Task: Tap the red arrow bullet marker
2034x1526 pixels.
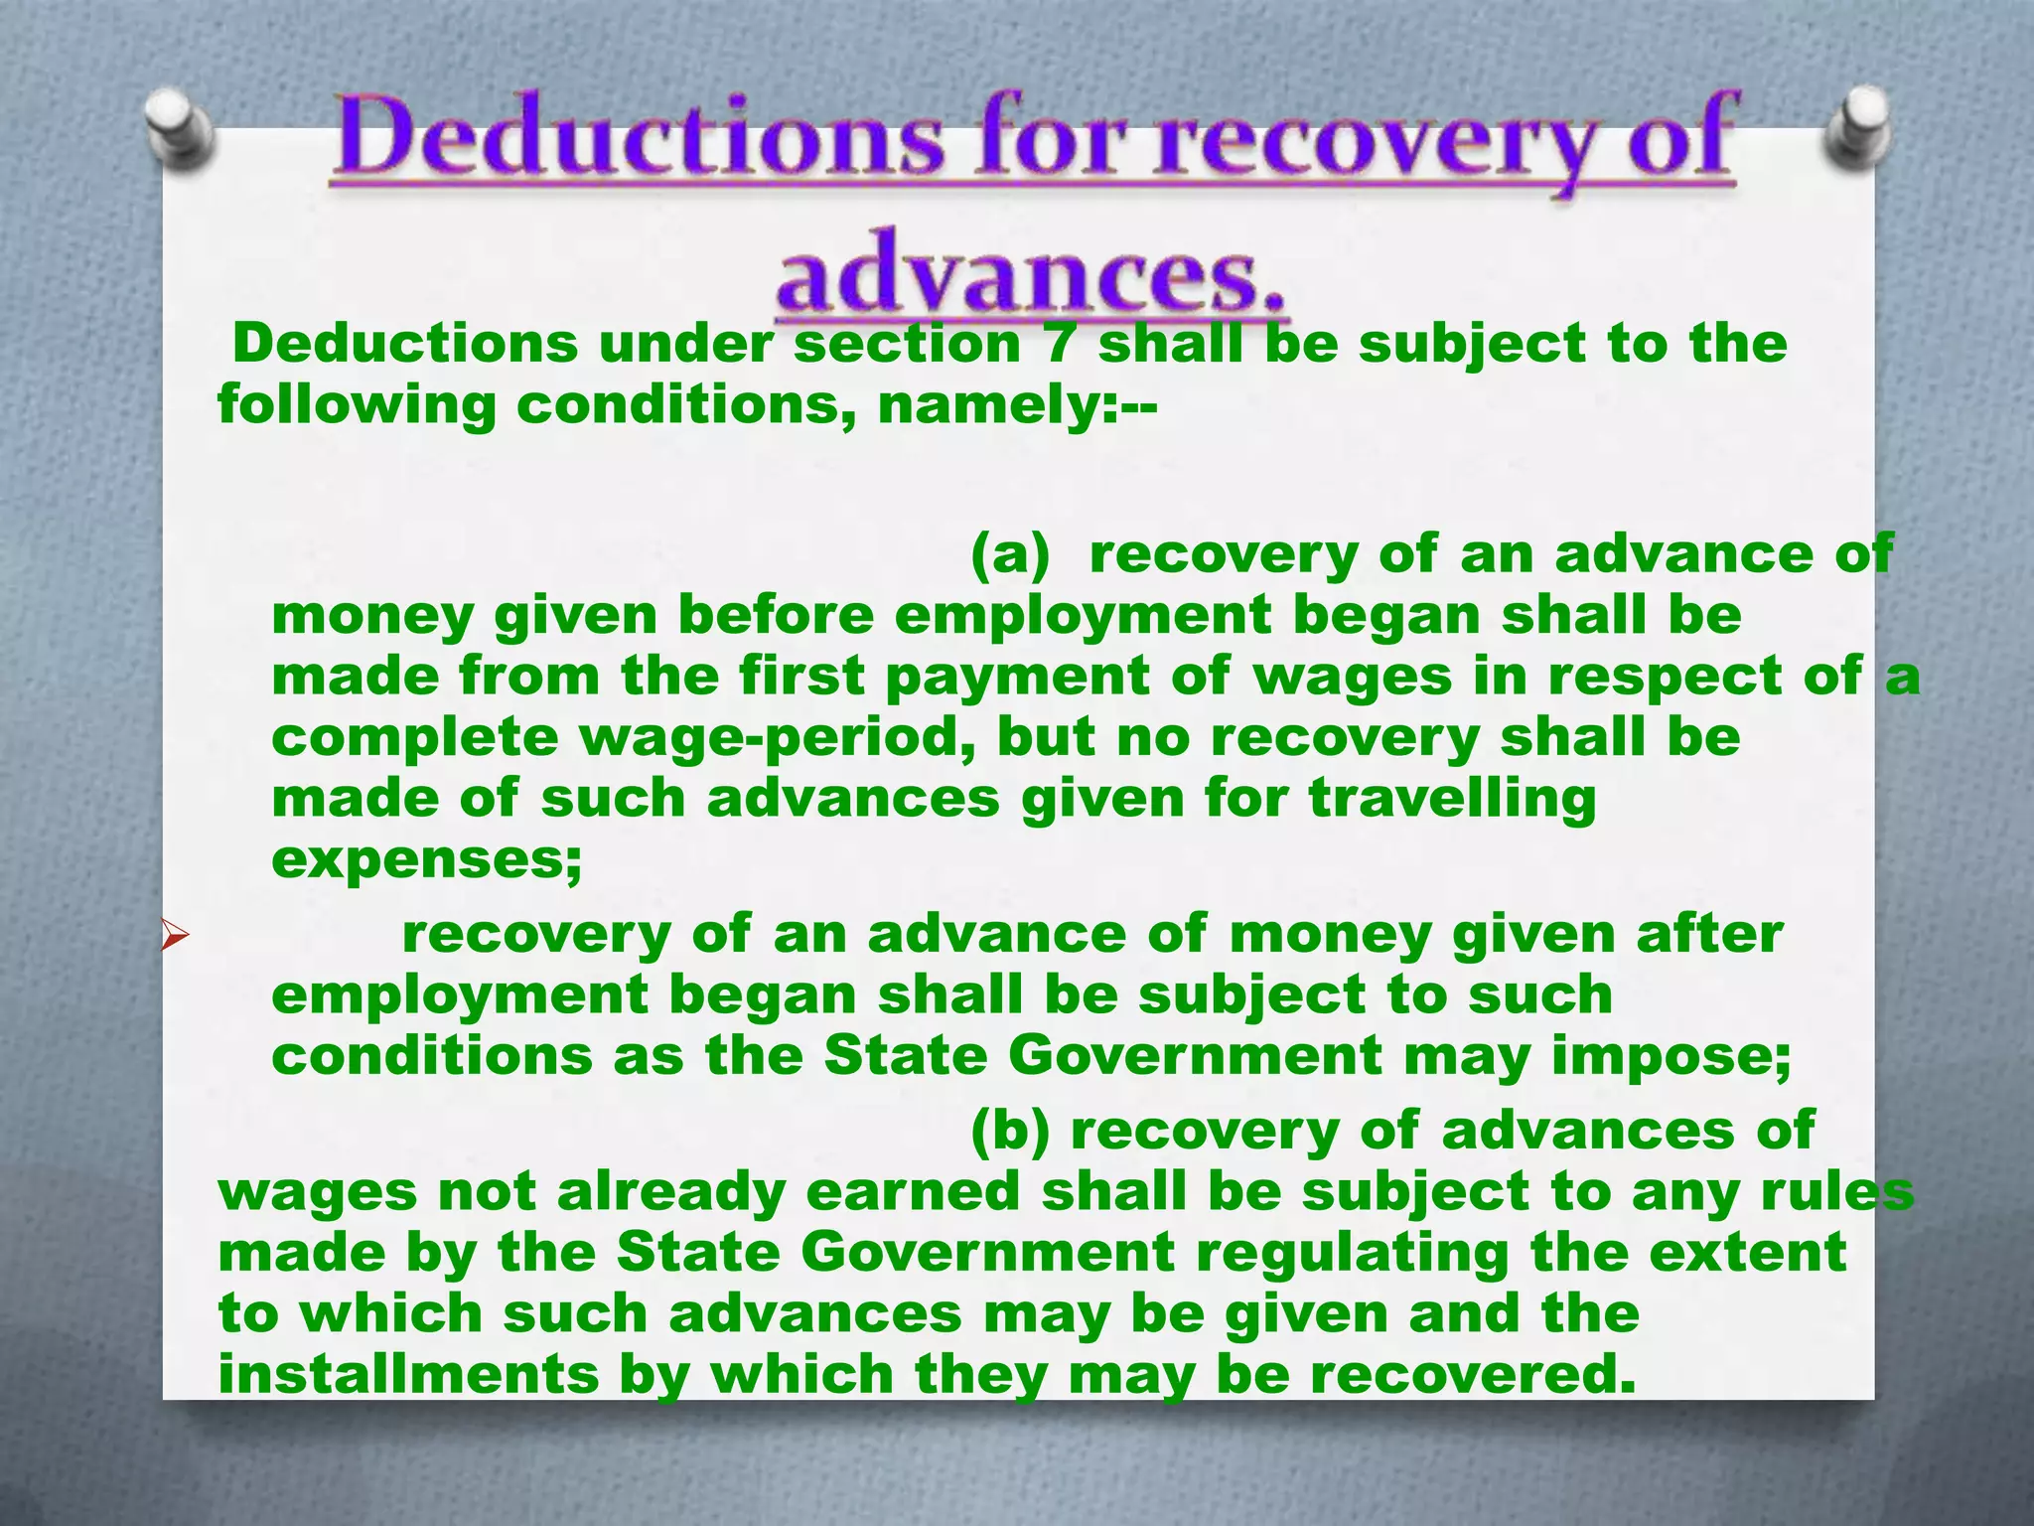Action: tap(175, 935)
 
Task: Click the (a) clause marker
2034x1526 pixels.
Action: tap(1009, 553)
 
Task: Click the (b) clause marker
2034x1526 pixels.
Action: tap(1009, 1131)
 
